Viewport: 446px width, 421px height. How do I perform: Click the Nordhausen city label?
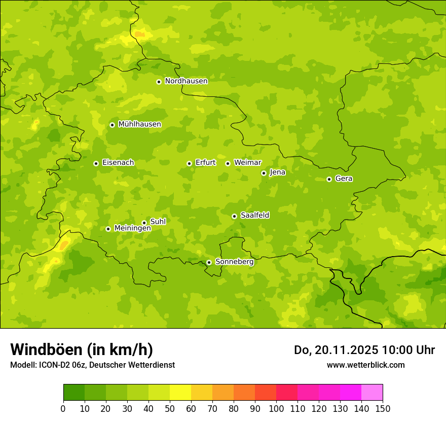(186, 81)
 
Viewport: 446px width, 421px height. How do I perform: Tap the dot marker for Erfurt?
(189, 163)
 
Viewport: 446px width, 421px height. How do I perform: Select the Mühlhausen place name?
(139, 124)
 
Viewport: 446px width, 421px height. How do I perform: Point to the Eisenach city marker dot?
(96, 163)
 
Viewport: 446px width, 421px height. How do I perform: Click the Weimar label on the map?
(247, 163)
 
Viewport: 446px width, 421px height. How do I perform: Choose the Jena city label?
(277, 172)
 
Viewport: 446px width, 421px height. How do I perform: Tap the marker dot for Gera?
(329, 179)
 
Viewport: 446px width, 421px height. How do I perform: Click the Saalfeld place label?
(254, 216)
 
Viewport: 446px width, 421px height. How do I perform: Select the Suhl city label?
(158, 222)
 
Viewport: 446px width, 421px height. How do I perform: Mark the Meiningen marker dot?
(108, 229)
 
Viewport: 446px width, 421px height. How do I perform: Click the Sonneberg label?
(234, 262)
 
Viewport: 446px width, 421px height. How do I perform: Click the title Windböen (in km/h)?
(81, 349)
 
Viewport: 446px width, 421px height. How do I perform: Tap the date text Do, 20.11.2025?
(336, 350)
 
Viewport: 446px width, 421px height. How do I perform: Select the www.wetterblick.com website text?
(365, 365)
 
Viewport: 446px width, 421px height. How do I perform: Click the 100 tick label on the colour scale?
(276, 408)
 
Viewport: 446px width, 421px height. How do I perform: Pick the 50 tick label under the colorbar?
(170, 408)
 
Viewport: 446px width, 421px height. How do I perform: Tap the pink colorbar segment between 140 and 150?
(372, 392)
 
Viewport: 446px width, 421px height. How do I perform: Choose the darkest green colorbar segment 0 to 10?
(74, 392)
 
